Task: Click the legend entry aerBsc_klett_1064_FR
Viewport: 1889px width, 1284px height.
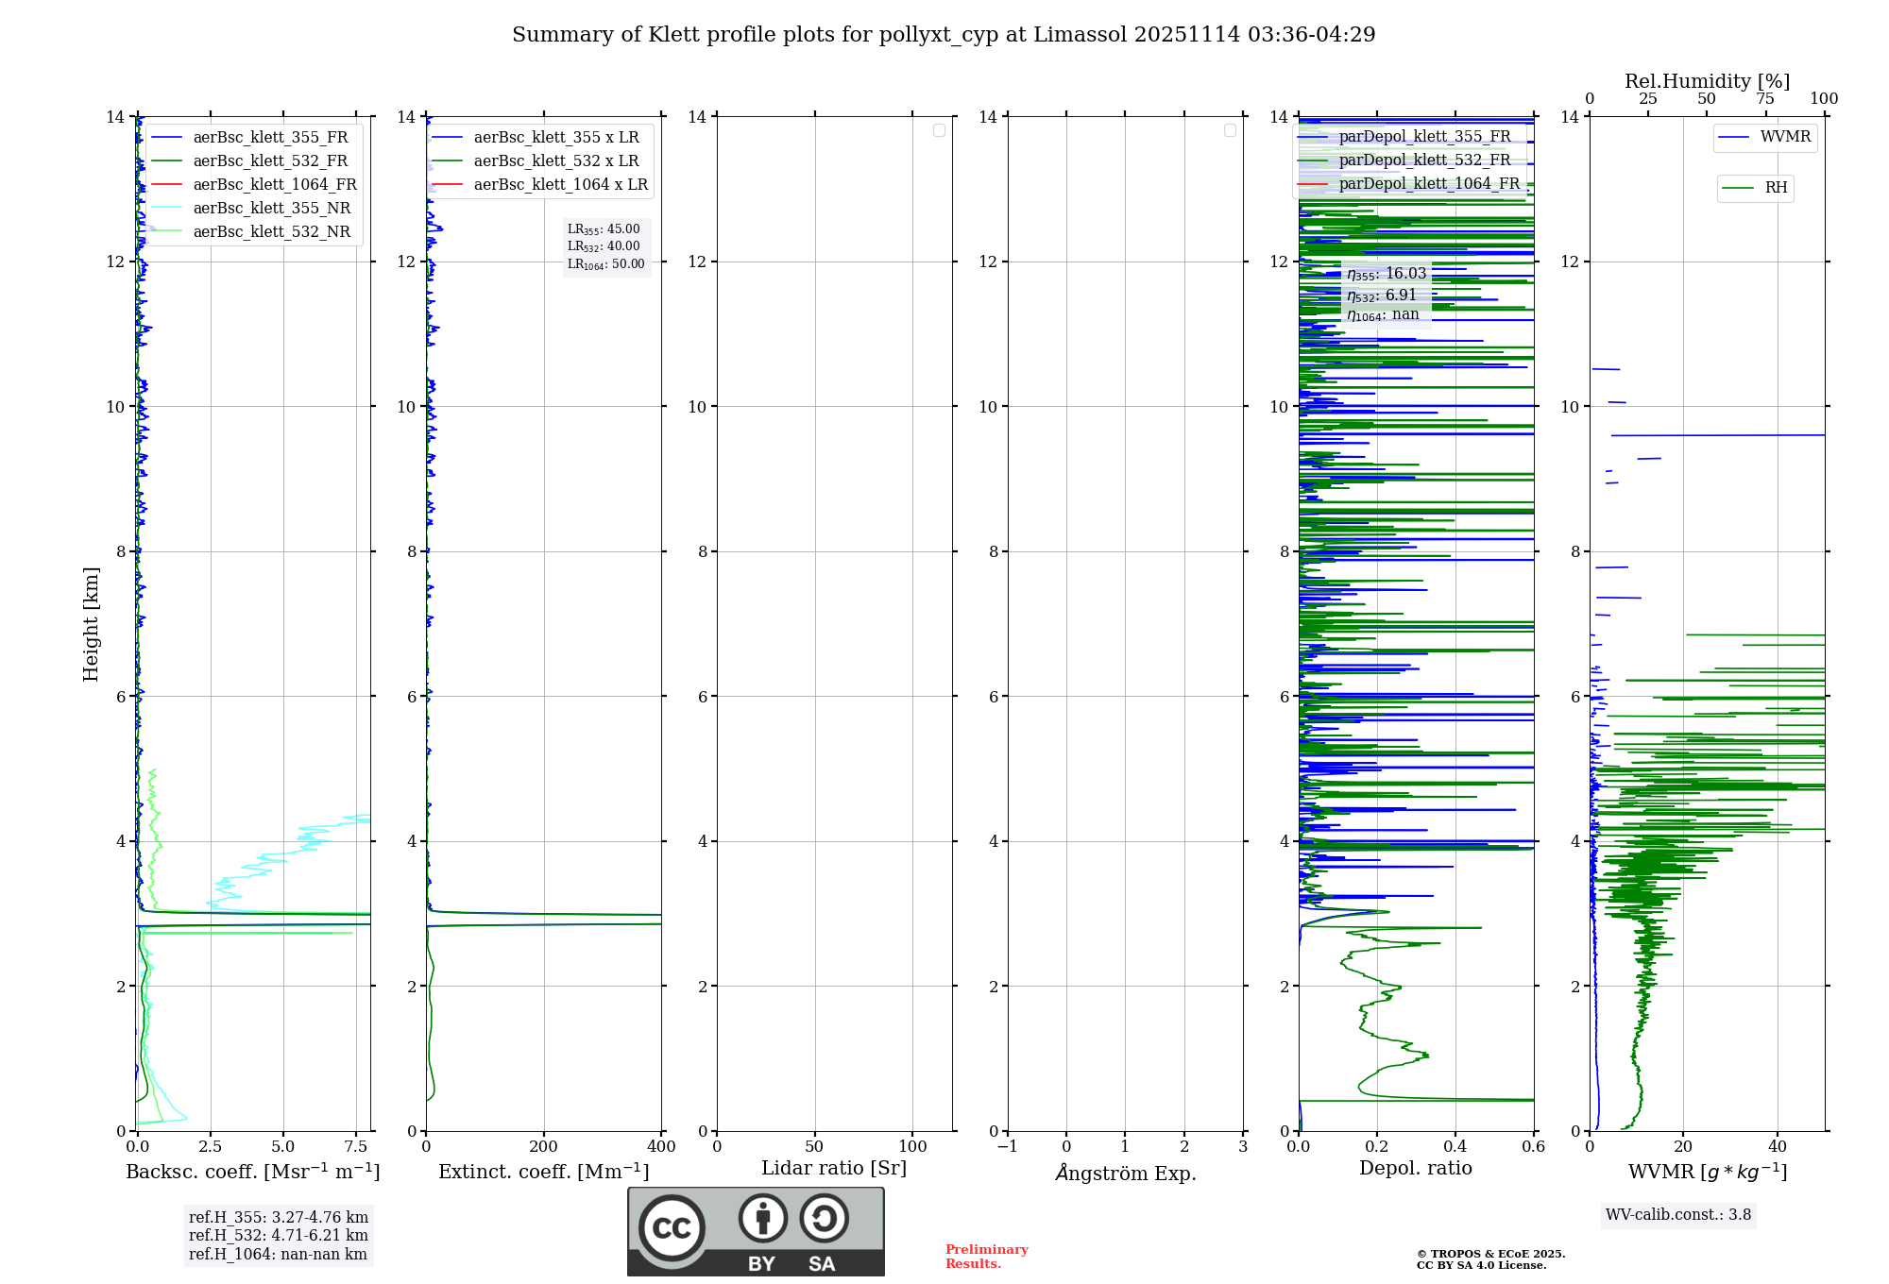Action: point(274,185)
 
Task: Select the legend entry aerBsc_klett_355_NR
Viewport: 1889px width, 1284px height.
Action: point(271,209)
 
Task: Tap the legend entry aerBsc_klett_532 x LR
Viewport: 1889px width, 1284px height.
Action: point(555,161)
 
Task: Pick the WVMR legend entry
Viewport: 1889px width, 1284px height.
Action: point(1784,137)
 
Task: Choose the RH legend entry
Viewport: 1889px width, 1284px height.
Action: point(1775,188)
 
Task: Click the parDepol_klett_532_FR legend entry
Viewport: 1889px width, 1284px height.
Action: point(1423,160)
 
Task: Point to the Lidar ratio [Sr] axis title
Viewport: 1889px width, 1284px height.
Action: point(833,1169)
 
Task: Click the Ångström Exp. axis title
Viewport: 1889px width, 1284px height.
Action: point(1125,1174)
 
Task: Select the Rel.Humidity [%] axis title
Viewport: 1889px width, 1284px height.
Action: point(1707,81)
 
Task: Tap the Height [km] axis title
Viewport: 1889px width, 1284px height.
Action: point(91,624)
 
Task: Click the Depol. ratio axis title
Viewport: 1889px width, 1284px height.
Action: point(1415,1169)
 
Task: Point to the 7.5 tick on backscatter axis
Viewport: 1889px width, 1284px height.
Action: point(356,1147)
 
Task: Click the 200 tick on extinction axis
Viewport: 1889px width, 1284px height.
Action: point(544,1147)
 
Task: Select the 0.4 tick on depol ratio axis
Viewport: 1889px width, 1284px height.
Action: point(1455,1147)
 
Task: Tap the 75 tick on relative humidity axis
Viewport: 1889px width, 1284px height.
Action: point(1764,99)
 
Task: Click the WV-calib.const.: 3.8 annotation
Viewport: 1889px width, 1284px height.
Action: point(1677,1215)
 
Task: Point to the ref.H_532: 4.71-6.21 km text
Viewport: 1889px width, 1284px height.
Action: point(278,1236)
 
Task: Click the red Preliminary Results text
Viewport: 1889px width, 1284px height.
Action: point(986,1257)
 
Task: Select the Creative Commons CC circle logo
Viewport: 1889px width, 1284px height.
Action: point(672,1228)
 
